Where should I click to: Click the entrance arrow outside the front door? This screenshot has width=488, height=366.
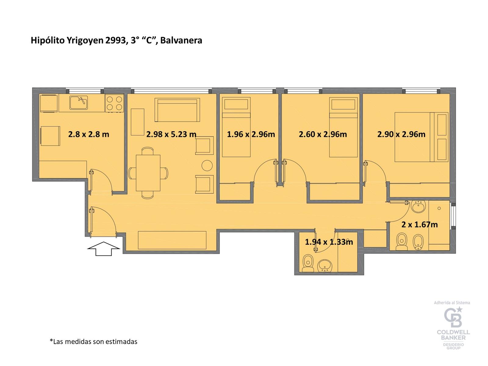click(x=104, y=248)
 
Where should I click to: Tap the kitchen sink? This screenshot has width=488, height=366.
click(x=78, y=103)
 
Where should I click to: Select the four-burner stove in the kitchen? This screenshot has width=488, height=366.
click(x=114, y=103)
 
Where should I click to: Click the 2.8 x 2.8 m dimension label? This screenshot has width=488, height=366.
click(x=88, y=134)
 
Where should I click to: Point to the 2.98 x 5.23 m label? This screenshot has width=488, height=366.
click(x=171, y=134)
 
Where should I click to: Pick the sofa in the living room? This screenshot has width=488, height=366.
click(x=177, y=110)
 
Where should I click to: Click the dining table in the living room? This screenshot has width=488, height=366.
click(x=148, y=173)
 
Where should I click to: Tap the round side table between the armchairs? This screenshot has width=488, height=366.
click(x=207, y=165)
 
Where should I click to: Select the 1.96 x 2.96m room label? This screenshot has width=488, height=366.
click(x=251, y=134)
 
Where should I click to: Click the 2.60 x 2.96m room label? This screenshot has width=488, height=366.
click(x=323, y=134)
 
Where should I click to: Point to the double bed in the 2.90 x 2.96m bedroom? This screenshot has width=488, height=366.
click(x=421, y=137)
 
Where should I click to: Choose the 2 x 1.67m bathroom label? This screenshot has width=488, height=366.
click(x=419, y=224)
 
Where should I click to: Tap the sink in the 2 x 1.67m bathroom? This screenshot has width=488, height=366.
click(x=419, y=206)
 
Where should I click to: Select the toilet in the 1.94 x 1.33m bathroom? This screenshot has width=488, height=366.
click(x=308, y=263)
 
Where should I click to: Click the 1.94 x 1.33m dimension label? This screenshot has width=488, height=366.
click(x=329, y=242)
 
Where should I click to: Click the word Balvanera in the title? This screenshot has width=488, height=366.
click(x=181, y=41)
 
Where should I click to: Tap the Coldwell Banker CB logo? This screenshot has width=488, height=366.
click(x=453, y=317)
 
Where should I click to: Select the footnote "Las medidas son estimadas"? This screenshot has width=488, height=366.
click(x=94, y=341)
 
